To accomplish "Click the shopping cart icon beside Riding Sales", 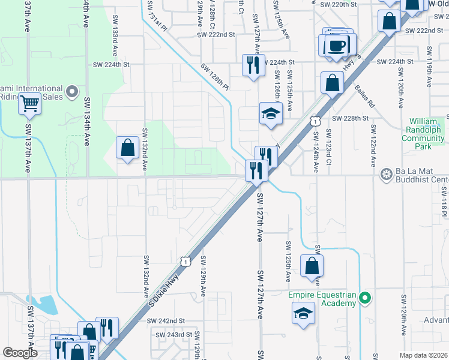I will coord(29,104).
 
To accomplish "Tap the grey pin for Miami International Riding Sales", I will coord(73,92).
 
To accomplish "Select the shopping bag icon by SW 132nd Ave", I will coord(127,148).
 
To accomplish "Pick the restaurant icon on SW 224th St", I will coord(253,64).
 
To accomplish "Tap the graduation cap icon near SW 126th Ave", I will coord(271,112).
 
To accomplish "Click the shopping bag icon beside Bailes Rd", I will coord(331,83).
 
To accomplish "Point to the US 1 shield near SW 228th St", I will coord(314,122).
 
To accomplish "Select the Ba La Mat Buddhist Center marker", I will coord(386,175).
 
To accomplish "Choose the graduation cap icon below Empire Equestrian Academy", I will coord(304,313).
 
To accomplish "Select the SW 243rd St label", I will coord(173,334).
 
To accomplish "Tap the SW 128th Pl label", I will coord(215,77).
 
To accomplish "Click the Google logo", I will coord(20,353).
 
